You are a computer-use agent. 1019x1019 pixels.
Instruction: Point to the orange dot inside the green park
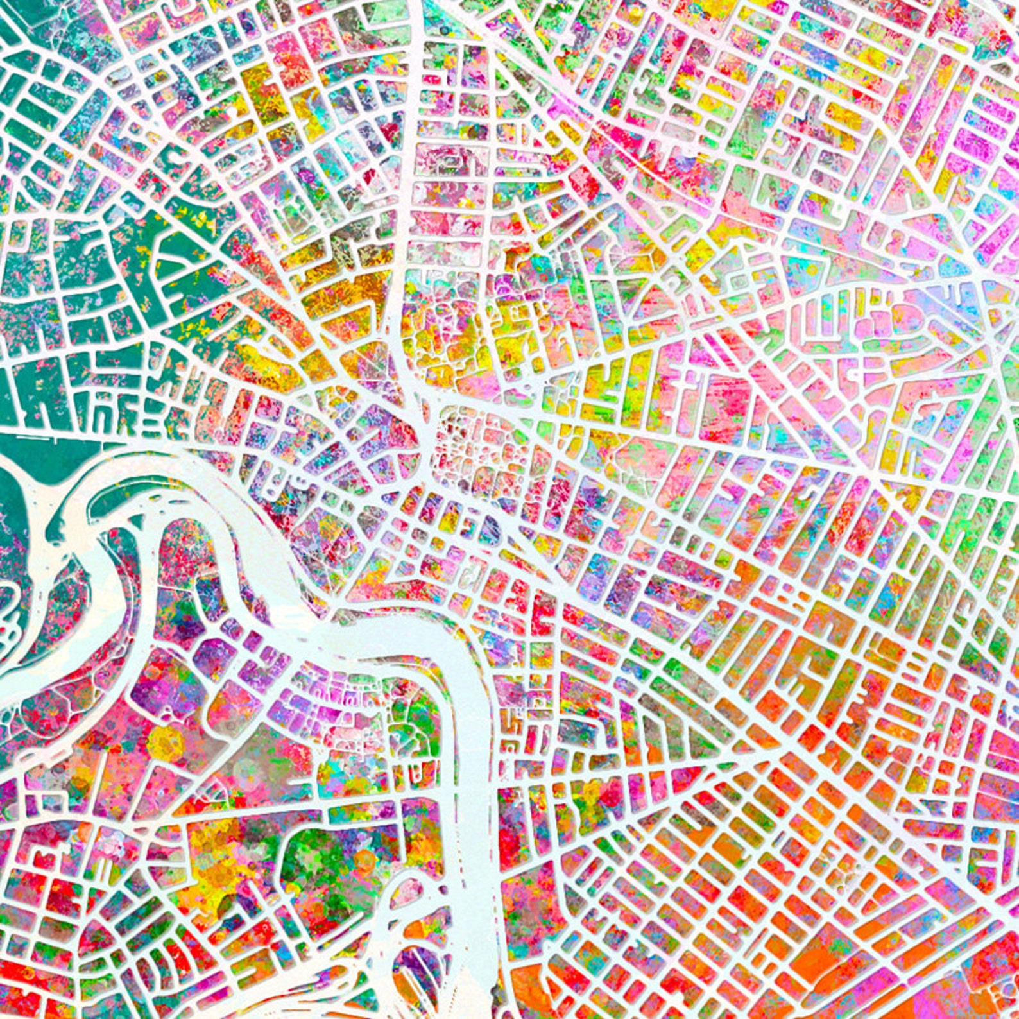[x=364, y=859]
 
